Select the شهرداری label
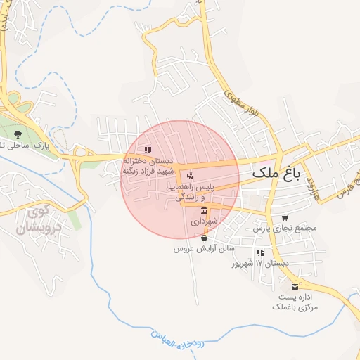(205, 221)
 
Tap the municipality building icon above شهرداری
(204, 210)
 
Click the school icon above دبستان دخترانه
(147, 150)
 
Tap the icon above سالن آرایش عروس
(204, 238)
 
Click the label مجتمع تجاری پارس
(285, 229)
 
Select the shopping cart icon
(285, 218)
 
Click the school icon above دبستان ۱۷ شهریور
(261, 252)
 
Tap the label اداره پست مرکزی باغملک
(295, 302)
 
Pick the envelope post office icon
(295, 287)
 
